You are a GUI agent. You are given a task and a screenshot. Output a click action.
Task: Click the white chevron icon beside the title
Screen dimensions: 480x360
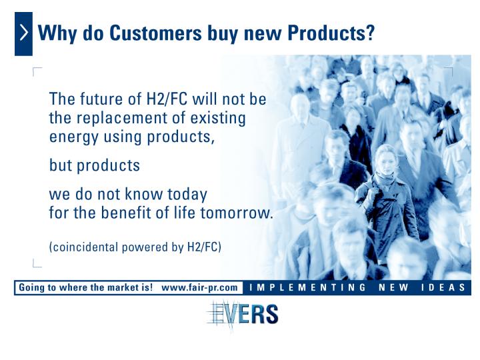pos(24,33)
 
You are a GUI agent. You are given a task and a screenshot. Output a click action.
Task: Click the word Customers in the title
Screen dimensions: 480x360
pos(156,33)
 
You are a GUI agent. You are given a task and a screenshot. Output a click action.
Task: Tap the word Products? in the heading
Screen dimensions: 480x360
pos(331,33)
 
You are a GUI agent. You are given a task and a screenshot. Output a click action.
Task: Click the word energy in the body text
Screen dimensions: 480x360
pos(74,137)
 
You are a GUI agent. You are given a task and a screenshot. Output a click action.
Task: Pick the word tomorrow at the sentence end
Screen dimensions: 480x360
pos(235,213)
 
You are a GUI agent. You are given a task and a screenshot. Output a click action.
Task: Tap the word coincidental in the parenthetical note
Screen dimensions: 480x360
pos(83,247)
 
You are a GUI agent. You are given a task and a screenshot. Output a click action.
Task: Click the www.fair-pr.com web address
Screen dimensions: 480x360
pos(199,288)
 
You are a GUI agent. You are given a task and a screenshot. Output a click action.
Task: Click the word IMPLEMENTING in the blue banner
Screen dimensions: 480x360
pos(307,288)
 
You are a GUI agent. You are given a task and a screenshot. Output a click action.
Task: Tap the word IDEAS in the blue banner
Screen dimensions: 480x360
pos(443,288)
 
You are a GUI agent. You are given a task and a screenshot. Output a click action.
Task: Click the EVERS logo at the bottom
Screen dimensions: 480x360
pos(242,315)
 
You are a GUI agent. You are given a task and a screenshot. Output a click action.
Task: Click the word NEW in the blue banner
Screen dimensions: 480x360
pos(393,288)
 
